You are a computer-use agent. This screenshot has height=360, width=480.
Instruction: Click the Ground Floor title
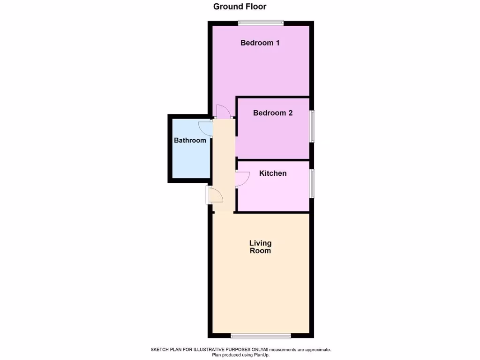[x=240, y=7]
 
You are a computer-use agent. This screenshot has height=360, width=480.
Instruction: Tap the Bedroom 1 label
[x=260, y=43]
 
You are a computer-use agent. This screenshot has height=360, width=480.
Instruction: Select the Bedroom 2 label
[x=273, y=113]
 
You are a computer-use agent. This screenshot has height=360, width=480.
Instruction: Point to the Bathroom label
[x=190, y=140]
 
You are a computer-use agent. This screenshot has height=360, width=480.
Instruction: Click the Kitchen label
[x=273, y=173]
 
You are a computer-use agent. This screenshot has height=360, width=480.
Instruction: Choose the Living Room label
[x=260, y=247]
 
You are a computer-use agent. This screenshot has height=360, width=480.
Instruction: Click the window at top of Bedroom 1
[x=261, y=22]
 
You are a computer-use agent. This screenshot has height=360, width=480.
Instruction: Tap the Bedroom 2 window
[x=312, y=126]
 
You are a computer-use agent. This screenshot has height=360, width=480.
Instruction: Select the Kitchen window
[x=312, y=184]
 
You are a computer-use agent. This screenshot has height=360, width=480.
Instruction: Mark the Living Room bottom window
[x=261, y=335]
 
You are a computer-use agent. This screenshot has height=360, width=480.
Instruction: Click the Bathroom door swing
[x=205, y=127]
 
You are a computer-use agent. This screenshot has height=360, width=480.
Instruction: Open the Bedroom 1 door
[x=222, y=112]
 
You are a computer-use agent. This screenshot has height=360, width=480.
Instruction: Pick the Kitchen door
[x=243, y=179]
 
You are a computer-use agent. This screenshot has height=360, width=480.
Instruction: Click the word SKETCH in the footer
[x=161, y=350]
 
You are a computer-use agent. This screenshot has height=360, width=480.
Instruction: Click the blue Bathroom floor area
[x=190, y=159]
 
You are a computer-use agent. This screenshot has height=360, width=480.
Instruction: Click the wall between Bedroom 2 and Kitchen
[x=273, y=160]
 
